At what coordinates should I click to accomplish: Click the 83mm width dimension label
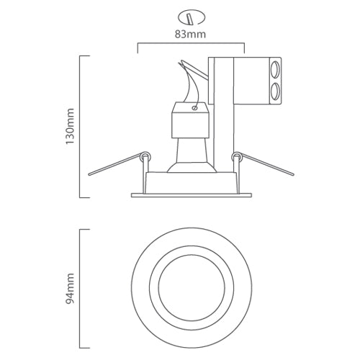(x=190, y=32)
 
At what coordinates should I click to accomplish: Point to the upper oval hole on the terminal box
(x=275, y=71)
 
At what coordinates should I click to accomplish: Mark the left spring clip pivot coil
(x=147, y=155)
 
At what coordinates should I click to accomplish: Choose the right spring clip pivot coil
(x=235, y=155)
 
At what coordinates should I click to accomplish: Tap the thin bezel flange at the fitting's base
(x=191, y=195)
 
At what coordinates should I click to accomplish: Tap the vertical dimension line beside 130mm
(x=79, y=126)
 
